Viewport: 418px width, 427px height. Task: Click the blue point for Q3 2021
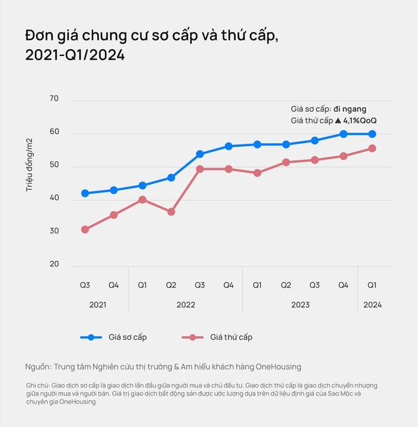pyautogui.click(x=85, y=193)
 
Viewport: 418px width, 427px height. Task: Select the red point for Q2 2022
pyautogui.click(x=171, y=211)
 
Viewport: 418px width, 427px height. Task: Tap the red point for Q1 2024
pyautogui.click(x=372, y=148)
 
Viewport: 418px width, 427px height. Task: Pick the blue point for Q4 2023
pyautogui.click(x=343, y=133)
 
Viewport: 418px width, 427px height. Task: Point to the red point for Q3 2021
pyautogui.click(x=85, y=229)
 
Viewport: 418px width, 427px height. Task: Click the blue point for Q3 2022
pyautogui.click(x=200, y=154)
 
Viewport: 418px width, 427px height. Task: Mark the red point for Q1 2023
pyautogui.click(x=257, y=173)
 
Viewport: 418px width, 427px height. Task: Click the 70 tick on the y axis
pyautogui.click(x=53, y=99)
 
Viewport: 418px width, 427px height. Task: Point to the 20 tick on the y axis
pyautogui.click(x=53, y=265)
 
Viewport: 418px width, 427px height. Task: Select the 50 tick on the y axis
pyautogui.click(x=53, y=165)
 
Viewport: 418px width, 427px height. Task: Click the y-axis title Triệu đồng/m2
pyautogui.click(x=30, y=165)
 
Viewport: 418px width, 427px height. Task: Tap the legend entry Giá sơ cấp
pyautogui.click(x=127, y=337)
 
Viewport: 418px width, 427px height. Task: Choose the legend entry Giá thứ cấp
pyautogui.click(x=231, y=337)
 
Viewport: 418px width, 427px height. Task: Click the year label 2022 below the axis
pyautogui.click(x=186, y=305)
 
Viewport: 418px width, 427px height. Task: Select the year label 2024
pyautogui.click(x=372, y=305)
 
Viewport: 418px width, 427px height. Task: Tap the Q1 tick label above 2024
pyautogui.click(x=372, y=285)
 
